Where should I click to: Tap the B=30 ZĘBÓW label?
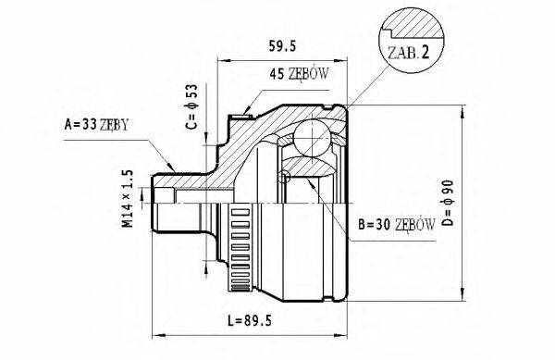397,223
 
